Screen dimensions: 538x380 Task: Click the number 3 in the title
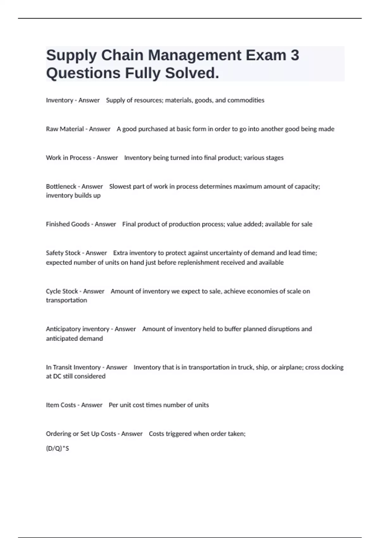(294, 55)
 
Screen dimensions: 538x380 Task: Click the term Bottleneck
(61, 186)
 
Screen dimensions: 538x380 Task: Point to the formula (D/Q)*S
(57, 448)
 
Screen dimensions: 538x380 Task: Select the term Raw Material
(65, 129)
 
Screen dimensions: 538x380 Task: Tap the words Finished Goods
(67, 224)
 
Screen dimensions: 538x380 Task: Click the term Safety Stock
(63, 253)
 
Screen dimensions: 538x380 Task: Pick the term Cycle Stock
(62, 291)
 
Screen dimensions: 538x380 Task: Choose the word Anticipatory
(63, 329)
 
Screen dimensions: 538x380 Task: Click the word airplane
(290, 367)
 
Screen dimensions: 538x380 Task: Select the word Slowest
(120, 186)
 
